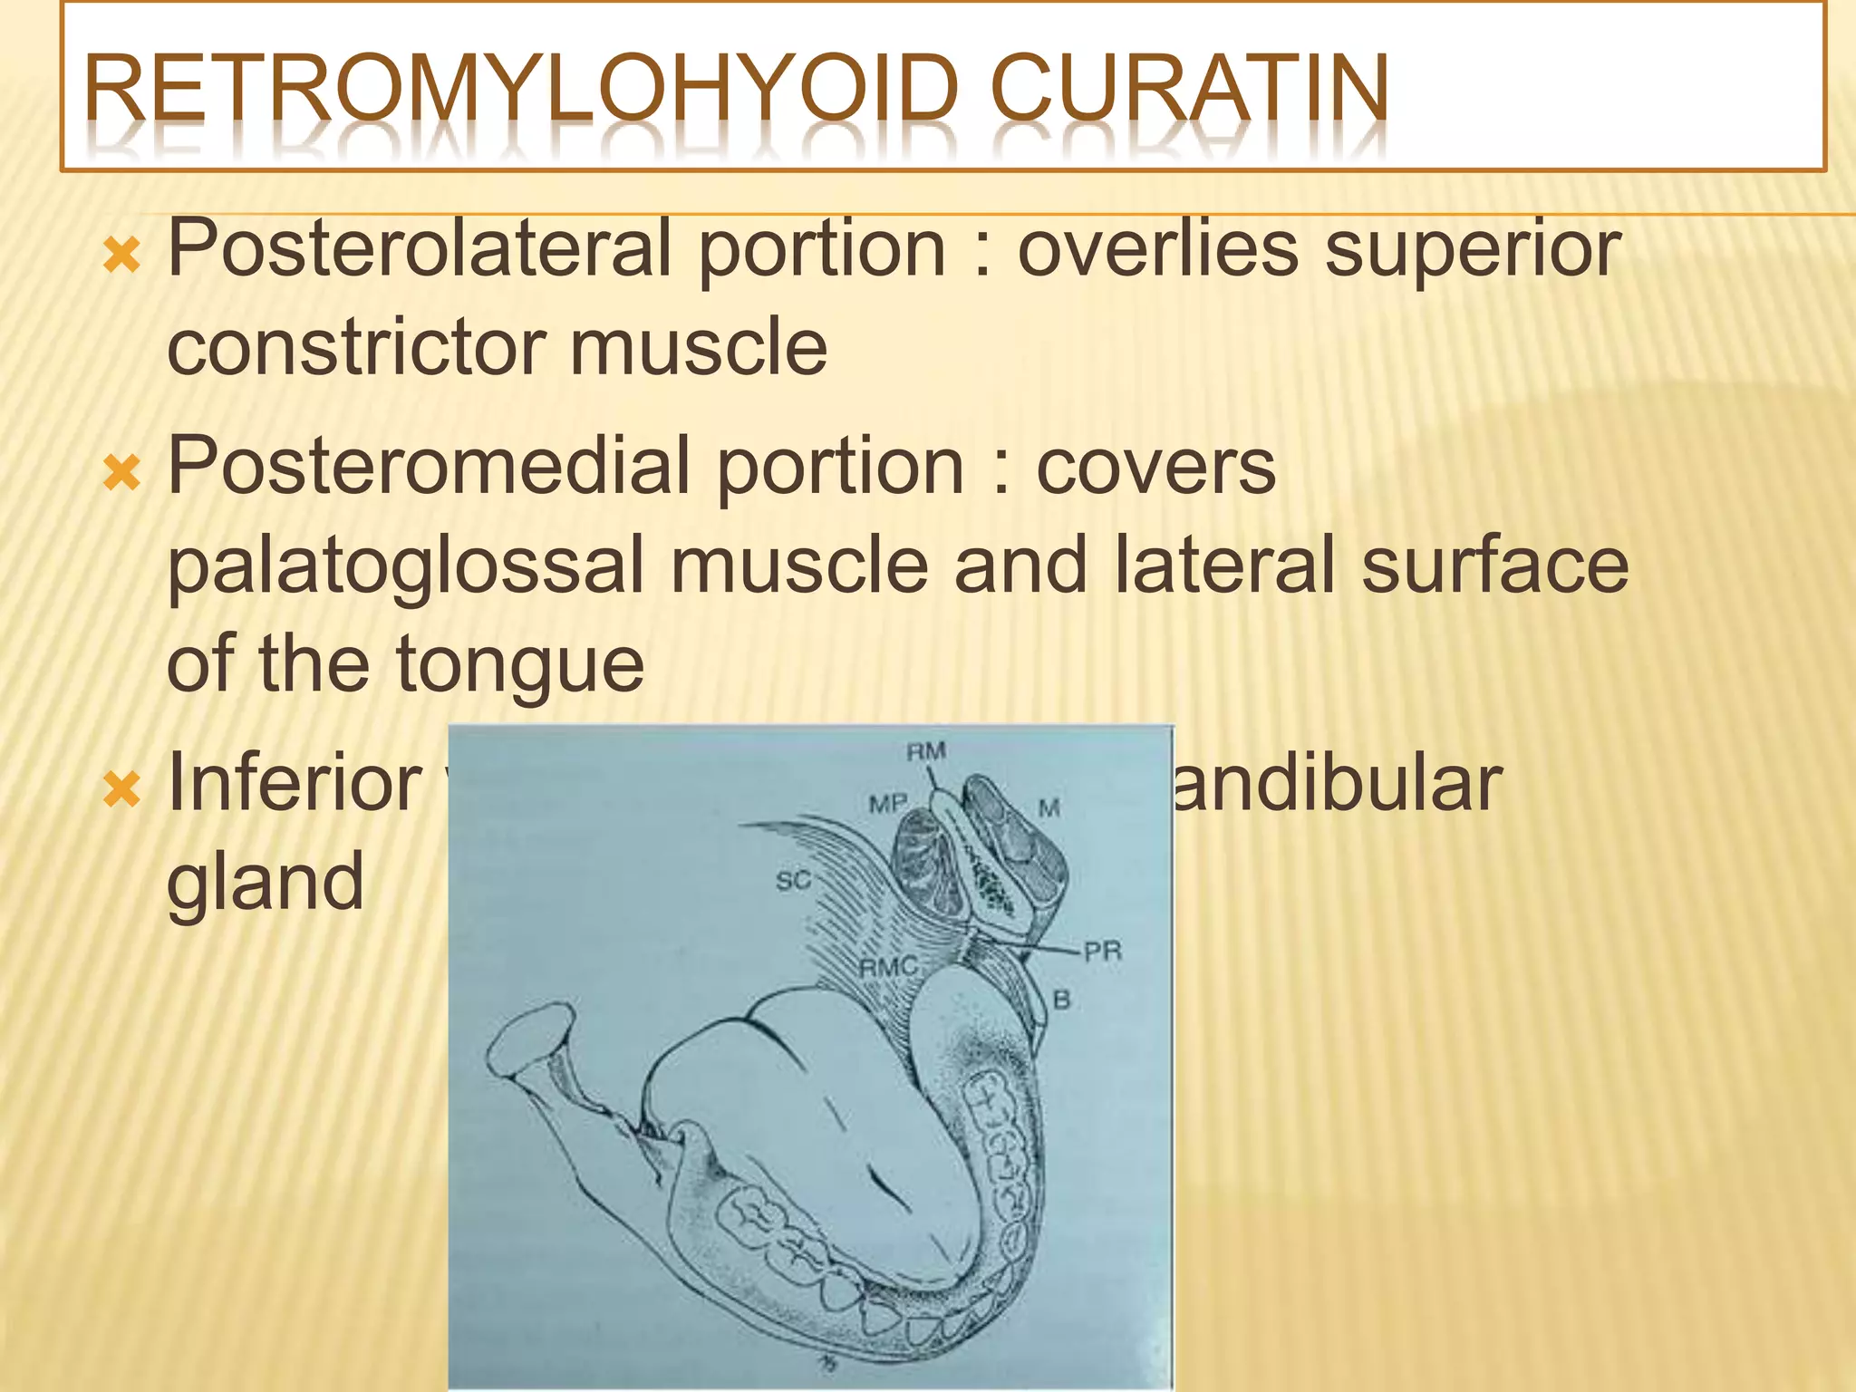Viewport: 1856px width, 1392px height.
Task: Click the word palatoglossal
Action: (405, 565)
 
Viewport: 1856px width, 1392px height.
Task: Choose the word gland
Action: (265, 881)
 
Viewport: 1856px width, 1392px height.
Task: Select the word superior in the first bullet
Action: (1473, 249)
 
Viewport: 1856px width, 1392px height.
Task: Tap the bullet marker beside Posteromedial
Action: (121, 472)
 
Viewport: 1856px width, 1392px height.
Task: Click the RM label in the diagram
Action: (926, 751)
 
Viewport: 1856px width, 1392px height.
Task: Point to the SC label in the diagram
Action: (794, 880)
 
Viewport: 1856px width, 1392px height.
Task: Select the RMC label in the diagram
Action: (888, 967)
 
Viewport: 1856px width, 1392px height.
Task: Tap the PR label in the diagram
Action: (1103, 952)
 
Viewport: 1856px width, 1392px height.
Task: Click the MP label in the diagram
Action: (887, 804)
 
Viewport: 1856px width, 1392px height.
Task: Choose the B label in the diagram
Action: (1062, 1000)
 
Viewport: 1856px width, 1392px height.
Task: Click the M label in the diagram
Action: (1049, 807)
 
